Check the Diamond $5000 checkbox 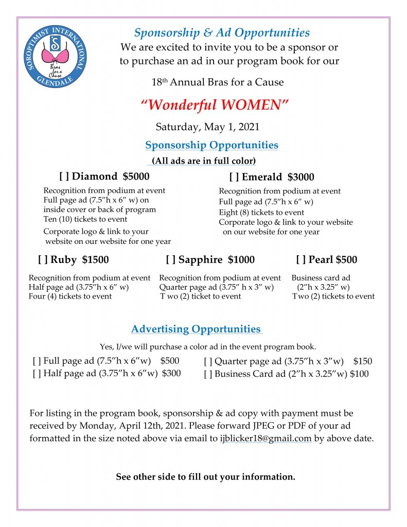[x=64, y=177]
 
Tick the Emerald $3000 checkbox [x=234, y=178]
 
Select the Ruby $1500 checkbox [x=42, y=260]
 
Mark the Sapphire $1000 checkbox [x=170, y=260]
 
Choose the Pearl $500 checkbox [x=300, y=260]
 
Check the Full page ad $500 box [x=36, y=361]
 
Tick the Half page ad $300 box [x=36, y=374]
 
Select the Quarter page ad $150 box [x=207, y=362]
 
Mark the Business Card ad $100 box [x=207, y=374]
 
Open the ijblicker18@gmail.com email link [x=262, y=439]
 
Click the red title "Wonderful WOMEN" [x=215, y=105]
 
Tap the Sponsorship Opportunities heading [x=211, y=145]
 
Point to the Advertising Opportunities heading [x=196, y=329]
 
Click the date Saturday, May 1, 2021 [x=207, y=127]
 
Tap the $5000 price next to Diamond [x=136, y=177]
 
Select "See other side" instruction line [x=205, y=477]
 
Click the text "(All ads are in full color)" [x=204, y=161]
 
